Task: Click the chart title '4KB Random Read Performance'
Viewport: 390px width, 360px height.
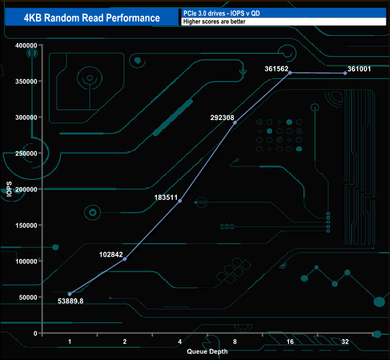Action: tap(92, 17)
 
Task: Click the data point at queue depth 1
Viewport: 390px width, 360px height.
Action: tap(70, 294)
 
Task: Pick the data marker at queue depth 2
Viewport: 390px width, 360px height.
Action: tap(125, 259)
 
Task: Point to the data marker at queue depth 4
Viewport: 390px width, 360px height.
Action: tap(180, 200)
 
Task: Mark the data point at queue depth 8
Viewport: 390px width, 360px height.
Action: tap(235, 122)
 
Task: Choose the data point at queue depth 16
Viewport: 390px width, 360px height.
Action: tap(290, 73)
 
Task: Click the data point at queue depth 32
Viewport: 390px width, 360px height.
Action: tap(346, 73)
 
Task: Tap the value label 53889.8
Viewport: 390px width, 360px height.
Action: tap(70, 301)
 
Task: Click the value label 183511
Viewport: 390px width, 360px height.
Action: tap(167, 196)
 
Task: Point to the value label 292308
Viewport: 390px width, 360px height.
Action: tap(222, 118)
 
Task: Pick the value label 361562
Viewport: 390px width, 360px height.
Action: tap(277, 68)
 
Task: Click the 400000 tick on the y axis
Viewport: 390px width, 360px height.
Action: tap(26, 46)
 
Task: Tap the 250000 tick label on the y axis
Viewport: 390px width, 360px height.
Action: tap(26, 154)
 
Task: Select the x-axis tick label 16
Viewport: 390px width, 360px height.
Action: tap(290, 341)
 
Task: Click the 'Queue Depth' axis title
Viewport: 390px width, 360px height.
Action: tap(208, 352)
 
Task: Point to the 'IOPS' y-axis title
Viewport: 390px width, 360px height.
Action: tap(9, 189)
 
